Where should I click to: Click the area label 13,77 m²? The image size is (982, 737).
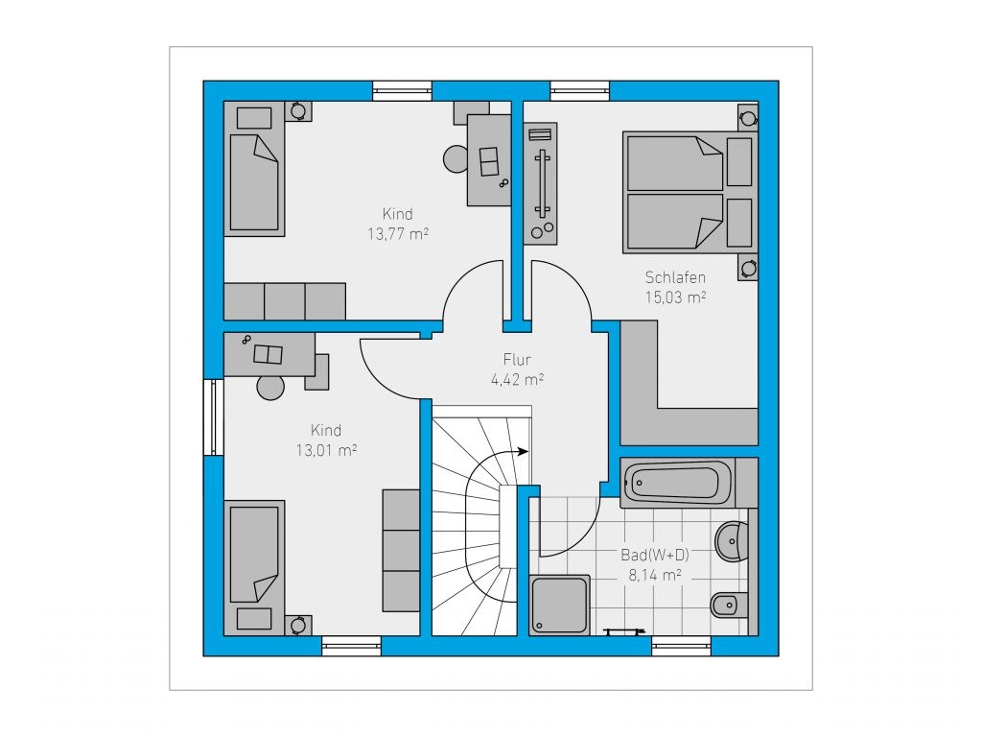pos(398,234)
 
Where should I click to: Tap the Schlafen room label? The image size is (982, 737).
pos(675,277)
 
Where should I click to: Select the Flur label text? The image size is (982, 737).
pos(517,360)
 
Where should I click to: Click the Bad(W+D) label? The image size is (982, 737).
pos(655,555)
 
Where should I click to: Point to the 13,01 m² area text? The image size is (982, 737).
pos(326,451)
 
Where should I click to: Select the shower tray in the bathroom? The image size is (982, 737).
pos(560,606)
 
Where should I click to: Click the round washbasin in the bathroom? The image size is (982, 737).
pos(732,541)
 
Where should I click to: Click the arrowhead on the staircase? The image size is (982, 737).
pos(524,451)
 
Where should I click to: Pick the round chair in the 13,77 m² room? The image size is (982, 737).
pos(456,159)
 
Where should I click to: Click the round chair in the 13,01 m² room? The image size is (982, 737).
pos(270,387)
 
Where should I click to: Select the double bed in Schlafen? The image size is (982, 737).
pos(690,192)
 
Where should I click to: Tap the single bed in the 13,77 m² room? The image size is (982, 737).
pos(254,169)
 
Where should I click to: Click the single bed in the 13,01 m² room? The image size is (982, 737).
pos(254,568)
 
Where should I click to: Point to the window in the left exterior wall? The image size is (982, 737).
pos(214,416)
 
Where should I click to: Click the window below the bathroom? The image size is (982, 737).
pos(682,646)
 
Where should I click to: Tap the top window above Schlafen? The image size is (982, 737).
pos(580,90)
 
